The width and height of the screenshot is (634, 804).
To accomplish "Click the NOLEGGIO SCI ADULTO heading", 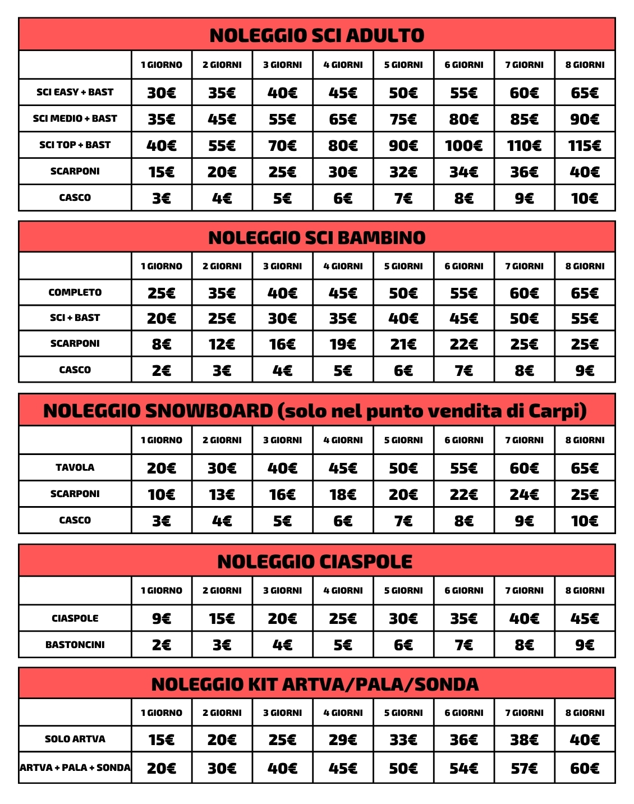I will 316,35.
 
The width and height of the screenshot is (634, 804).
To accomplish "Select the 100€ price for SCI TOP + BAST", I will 463,146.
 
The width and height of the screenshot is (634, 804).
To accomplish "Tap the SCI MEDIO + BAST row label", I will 75,118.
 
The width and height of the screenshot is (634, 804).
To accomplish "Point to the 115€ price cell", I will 585,146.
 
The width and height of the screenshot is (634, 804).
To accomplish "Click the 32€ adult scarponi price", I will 403,172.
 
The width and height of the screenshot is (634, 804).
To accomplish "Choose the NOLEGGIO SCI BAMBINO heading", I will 316,238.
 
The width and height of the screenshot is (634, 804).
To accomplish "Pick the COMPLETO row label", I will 75,292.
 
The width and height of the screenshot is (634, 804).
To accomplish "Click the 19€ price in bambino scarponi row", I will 343,344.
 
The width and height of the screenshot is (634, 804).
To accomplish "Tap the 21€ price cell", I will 403,344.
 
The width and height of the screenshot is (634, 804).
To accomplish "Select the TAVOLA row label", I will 75,467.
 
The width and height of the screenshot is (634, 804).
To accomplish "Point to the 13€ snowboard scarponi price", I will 222,495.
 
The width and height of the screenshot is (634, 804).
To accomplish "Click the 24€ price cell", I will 524,495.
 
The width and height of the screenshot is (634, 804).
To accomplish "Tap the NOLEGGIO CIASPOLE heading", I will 315,562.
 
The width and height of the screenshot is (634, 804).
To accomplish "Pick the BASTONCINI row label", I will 75,645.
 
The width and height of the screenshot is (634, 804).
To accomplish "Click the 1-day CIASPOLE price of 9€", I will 162,619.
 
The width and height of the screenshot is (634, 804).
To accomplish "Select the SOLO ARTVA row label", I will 75,739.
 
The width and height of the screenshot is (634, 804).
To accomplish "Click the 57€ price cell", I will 524,769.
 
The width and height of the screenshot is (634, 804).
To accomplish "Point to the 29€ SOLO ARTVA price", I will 343,740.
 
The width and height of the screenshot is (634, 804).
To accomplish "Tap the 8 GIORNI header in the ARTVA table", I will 585,713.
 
